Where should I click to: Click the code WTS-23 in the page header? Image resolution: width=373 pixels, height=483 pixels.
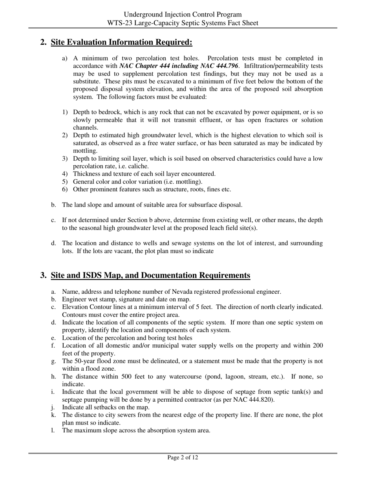(117, 23)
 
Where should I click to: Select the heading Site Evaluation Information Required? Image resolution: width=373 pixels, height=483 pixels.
(122, 42)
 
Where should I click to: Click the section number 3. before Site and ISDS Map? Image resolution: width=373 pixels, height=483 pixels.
(44, 275)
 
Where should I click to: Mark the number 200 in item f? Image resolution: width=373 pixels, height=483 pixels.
(318, 346)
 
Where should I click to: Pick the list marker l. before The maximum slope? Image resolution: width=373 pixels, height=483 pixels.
(53, 430)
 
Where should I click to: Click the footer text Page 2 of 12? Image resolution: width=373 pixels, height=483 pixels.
(183, 457)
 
